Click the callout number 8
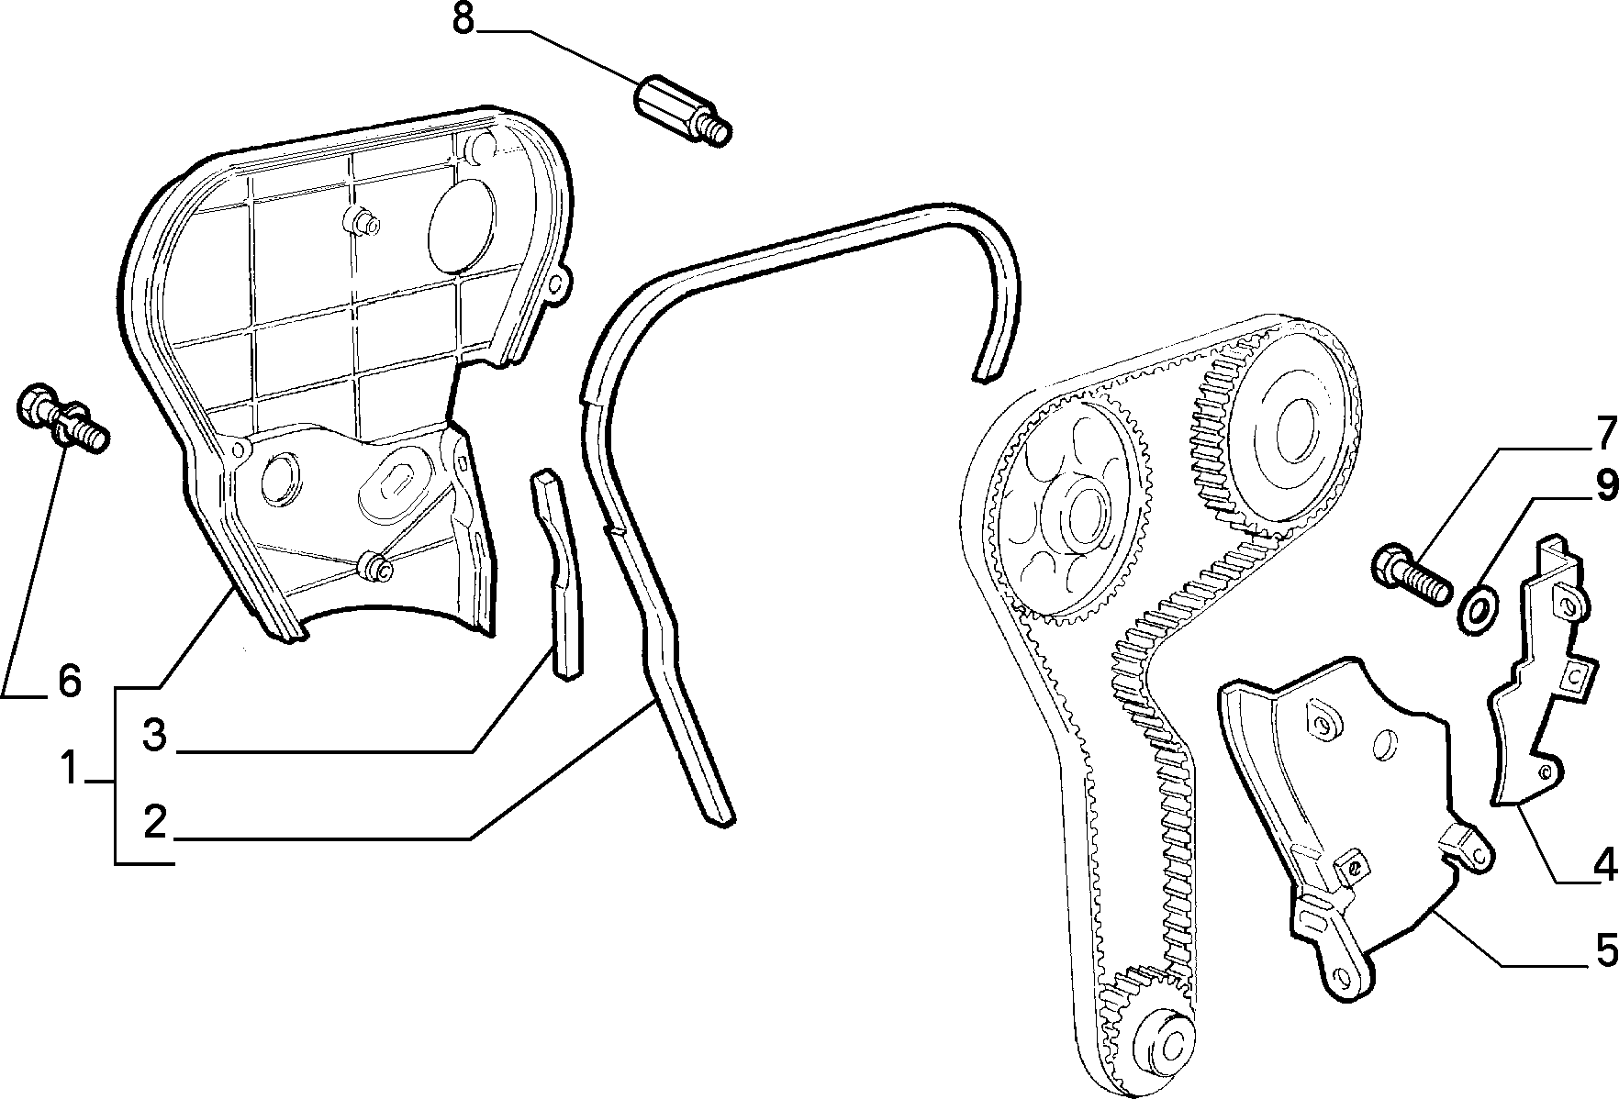click(x=463, y=19)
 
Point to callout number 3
click(x=154, y=735)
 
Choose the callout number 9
click(x=1605, y=486)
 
